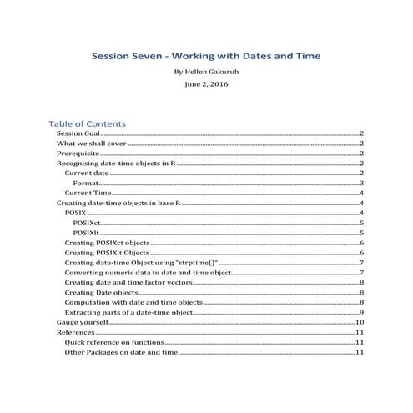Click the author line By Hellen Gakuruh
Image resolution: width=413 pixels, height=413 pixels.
tap(206, 73)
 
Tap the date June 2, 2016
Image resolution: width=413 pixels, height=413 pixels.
tap(206, 84)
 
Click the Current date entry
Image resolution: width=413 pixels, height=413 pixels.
tap(88, 174)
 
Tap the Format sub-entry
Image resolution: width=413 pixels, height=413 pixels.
tap(86, 184)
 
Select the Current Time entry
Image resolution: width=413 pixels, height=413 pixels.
tap(88, 194)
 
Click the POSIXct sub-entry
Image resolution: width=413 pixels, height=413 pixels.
tap(87, 224)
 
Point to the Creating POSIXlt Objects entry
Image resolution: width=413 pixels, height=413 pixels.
tap(107, 253)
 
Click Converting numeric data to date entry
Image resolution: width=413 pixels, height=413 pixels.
tap(146, 273)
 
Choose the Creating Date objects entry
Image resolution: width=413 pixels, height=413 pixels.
tap(101, 293)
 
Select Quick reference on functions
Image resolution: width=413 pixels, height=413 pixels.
tap(114, 342)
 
